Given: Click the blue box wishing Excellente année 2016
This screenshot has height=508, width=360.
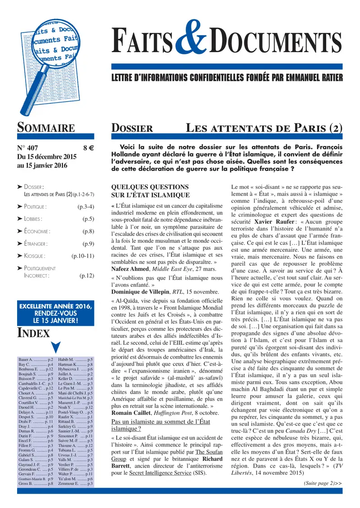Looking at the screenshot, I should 55,313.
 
